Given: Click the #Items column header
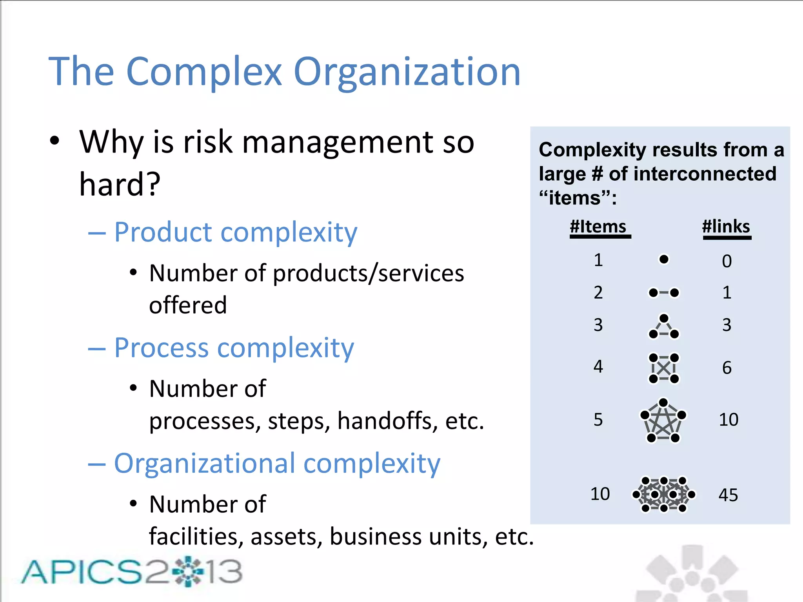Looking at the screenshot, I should click(598, 227).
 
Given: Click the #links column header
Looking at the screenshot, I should click(726, 227).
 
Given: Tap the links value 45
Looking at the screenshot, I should click(728, 495).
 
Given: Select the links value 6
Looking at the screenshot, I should click(727, 368).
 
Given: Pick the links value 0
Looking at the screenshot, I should click(727, 261).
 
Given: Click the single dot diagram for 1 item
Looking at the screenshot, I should click(664, 259).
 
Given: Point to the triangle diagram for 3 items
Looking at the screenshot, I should click(663, 326).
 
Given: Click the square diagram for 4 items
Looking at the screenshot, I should click(663, 368).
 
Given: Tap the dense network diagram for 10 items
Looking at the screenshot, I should click(664, 494).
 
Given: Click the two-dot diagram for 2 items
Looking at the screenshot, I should click(663, 293).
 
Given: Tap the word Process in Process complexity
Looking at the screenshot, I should click(161, 348).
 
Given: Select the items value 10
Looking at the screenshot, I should click(600, 494).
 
